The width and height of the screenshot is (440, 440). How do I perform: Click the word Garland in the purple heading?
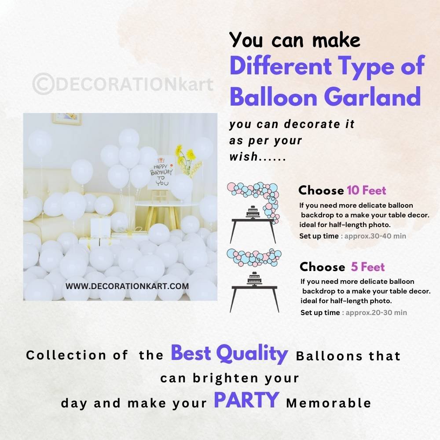(x=372, y=96)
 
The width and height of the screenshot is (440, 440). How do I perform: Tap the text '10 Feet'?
(x=367, y=190)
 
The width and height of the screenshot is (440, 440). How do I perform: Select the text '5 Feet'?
(x=368, y=267)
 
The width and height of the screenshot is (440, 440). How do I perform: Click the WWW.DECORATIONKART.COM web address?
(x=127, y=286)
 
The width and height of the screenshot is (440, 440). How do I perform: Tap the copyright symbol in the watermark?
(x=43, y=84)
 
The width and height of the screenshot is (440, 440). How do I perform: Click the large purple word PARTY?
(x=246, y=400)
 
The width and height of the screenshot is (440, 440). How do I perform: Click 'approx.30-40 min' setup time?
(x=375, y=236)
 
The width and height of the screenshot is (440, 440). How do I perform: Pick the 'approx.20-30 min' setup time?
(x=376, y=312)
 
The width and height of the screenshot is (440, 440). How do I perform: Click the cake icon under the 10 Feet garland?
(x=254, y=212)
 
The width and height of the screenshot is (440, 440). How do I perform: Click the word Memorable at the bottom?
(x=329, y=403)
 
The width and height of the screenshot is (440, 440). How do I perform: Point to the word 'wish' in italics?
(x=244, y=157)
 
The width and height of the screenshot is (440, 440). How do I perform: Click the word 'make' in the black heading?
(x=336, y=40)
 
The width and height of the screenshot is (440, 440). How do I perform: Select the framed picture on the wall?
(x=67, y=119)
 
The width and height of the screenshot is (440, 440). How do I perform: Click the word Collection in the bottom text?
(x=66, y=355)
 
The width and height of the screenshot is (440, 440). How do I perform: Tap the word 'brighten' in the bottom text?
(x=225, y=378)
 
